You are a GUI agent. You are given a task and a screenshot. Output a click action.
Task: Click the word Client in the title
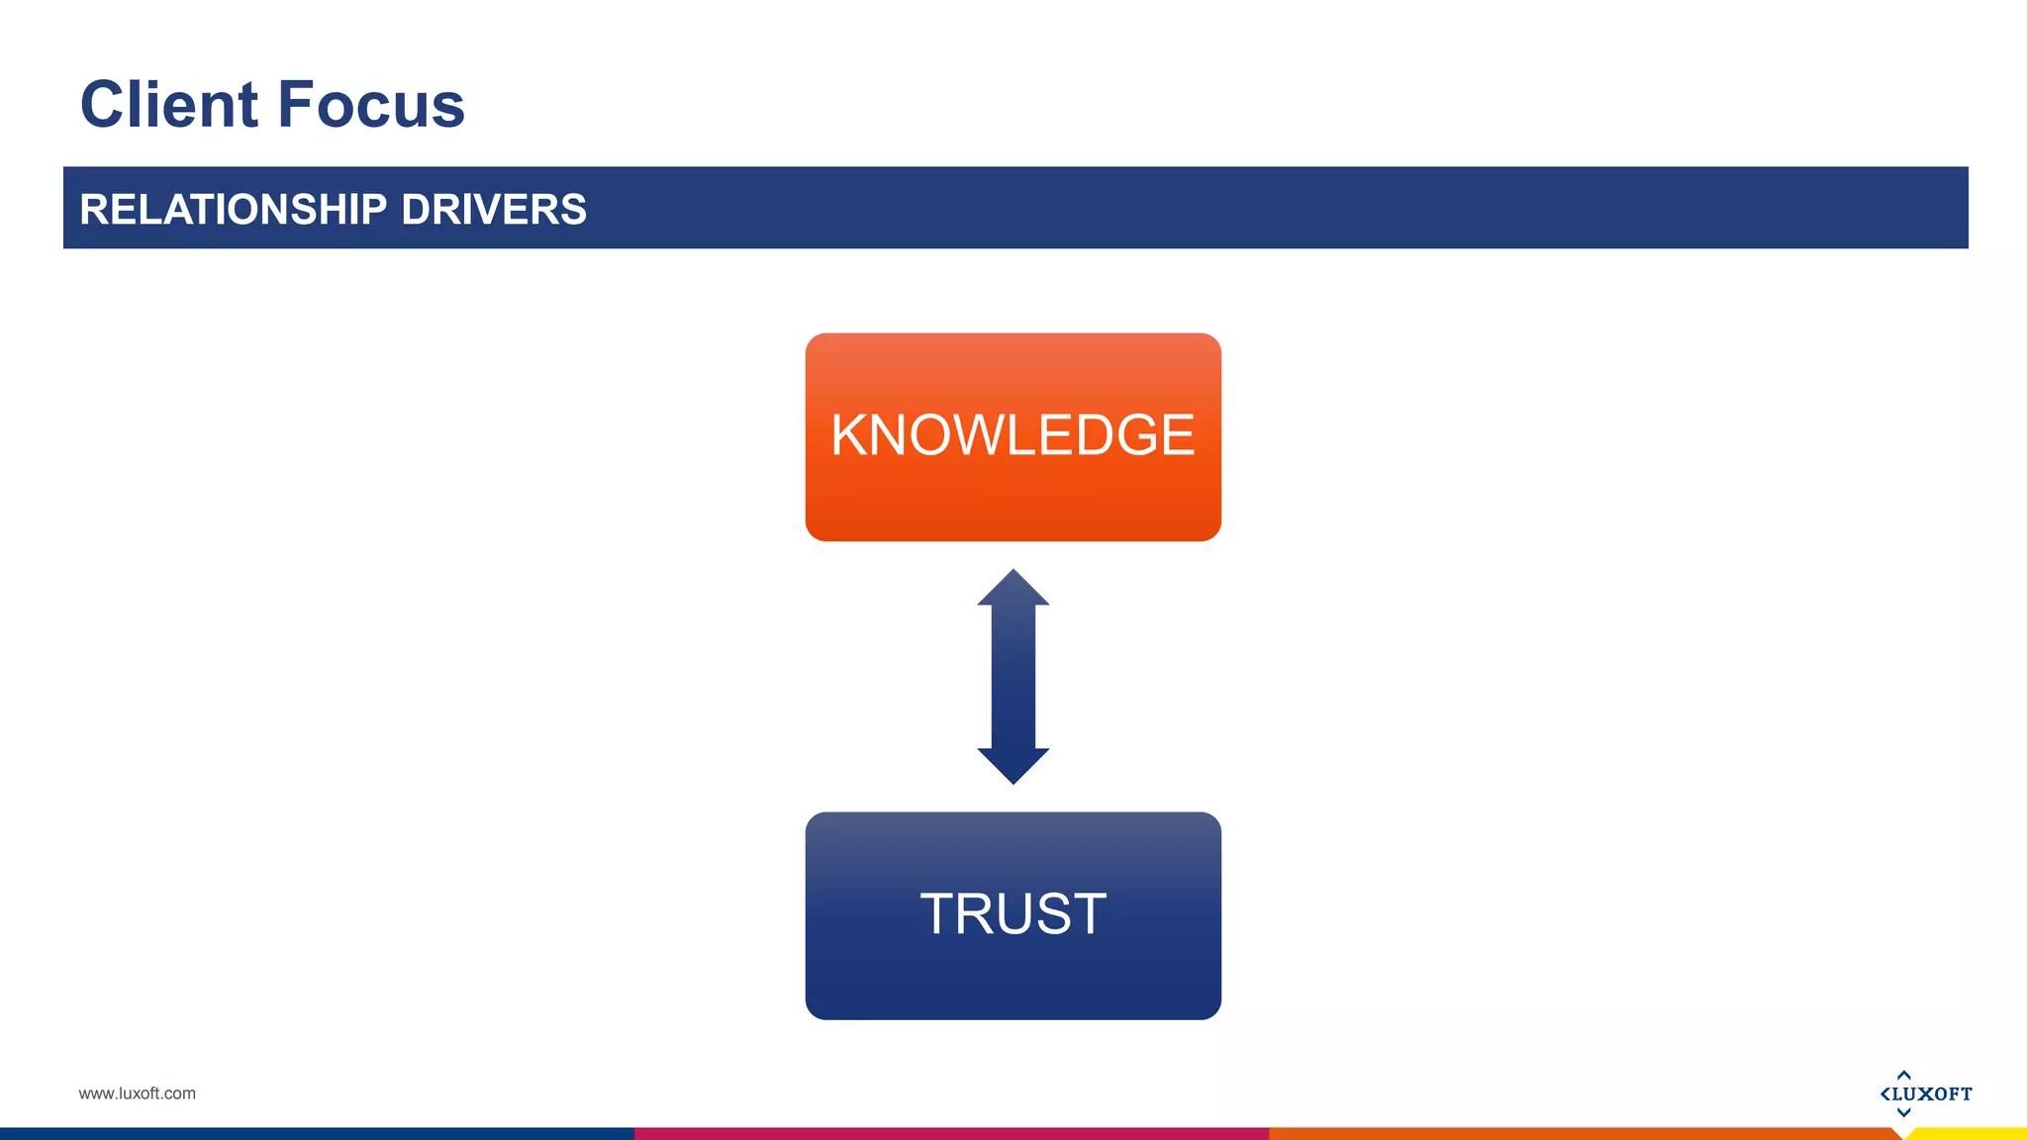coord(169,105)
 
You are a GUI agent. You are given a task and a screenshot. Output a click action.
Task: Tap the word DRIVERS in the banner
coord(494,210)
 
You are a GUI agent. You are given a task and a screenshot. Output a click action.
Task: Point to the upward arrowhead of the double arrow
coord(1013,589)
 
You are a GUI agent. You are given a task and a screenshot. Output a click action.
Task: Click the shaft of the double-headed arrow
coord(1013,678)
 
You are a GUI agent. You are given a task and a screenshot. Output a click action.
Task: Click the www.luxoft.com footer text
coord(137,1093)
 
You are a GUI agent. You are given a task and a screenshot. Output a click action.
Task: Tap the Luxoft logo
coord(1925,1093)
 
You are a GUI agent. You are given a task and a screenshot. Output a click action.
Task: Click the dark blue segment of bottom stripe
coord(317,1134)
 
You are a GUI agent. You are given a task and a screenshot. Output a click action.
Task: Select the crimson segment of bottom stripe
coord(950,1134)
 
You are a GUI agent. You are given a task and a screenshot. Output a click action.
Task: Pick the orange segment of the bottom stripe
coord(1584,1134)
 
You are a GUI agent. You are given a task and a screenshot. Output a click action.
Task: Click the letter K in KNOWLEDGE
coord(850,435)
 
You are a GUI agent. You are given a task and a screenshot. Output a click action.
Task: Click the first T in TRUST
coord(941,913)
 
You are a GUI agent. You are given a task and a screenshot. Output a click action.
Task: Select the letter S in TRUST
coord(1048,913)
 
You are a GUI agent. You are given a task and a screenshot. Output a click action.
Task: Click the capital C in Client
coord(104,105)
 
